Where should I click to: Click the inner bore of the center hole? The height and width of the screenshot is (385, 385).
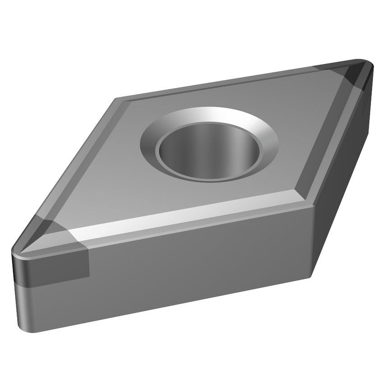point(209,149)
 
